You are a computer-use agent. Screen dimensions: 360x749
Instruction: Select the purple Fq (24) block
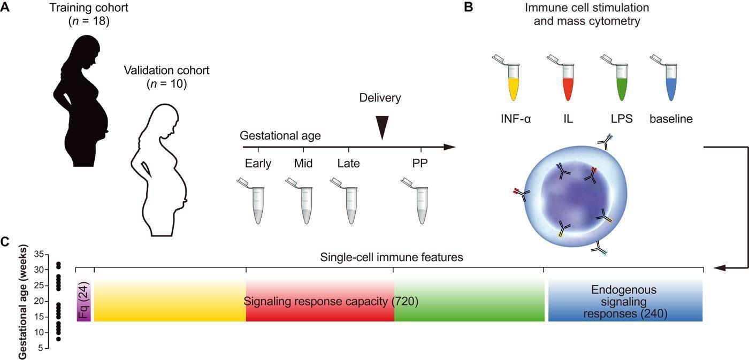point(84,301)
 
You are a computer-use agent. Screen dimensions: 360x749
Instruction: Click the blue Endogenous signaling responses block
point(624,301)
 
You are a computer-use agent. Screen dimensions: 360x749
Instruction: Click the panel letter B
point(468,7)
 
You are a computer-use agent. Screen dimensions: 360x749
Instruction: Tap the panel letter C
point(5,242)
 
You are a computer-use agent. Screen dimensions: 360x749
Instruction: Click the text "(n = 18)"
point(89,22)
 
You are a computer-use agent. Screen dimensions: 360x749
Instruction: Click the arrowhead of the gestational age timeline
point(450,147)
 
